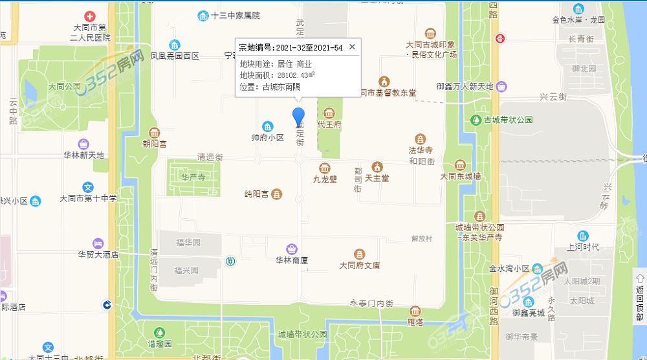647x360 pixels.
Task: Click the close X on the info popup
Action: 352,47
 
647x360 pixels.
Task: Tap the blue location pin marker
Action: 298,117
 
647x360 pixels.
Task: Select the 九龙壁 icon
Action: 325,168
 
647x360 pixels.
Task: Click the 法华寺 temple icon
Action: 421,139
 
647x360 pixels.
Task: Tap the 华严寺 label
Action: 193,176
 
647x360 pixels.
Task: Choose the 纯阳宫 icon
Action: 277,194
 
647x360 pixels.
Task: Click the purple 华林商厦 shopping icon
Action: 292,249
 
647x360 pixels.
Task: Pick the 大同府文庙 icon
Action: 359,254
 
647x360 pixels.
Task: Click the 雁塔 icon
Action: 415,311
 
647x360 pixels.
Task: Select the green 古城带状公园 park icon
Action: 476,120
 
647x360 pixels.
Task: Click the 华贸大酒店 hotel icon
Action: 97,243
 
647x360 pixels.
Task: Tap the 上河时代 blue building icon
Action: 584,236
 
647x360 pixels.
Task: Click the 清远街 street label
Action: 210,157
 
